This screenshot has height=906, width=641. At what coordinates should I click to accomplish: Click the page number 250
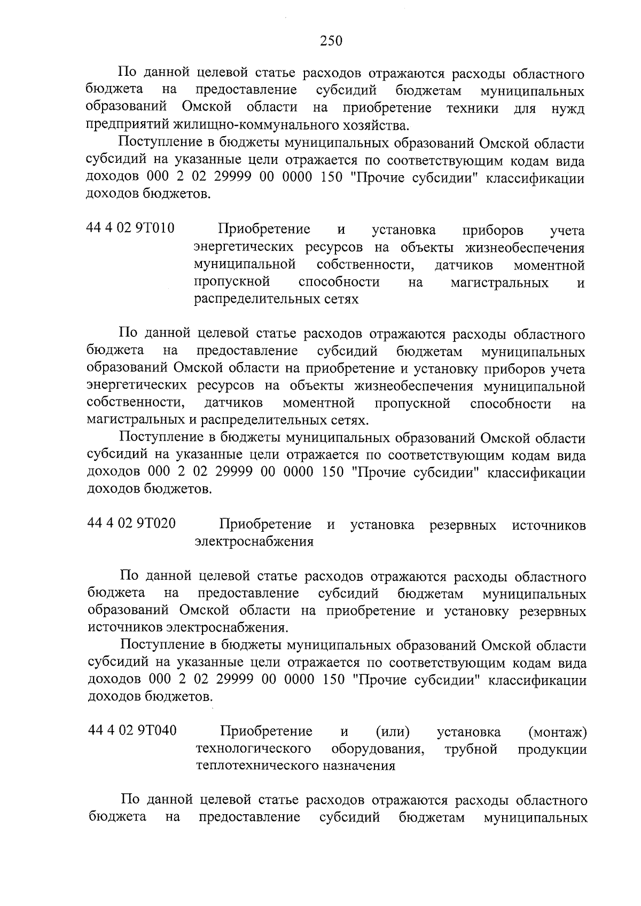coord(331,41)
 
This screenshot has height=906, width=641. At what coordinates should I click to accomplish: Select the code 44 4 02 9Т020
coord(131,523)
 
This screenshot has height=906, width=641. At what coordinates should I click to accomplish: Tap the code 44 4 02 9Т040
coord(132,730)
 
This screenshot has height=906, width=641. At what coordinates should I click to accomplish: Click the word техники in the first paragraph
coord(472,108)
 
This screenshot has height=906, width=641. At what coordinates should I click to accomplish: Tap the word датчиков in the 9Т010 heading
coord(464,265)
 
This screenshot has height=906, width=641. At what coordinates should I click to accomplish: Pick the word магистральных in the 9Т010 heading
coord(499,282)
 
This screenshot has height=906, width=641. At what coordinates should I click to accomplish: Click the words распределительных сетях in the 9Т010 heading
coord(276,300)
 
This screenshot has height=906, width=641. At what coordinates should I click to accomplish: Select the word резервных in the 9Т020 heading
coord(463,525)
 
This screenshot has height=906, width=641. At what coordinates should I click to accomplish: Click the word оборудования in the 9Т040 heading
coord(378,749)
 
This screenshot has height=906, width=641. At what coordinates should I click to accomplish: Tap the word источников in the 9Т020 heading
coord(549,525)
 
